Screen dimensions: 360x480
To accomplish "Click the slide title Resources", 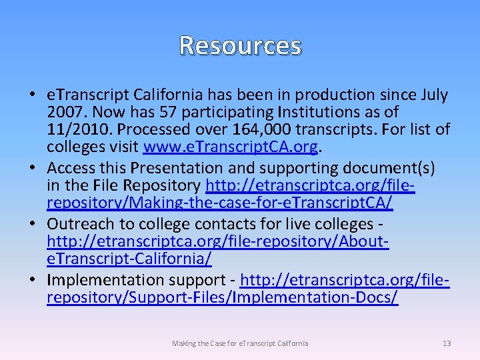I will tap(240, 45).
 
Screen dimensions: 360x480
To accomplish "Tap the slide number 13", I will tap(447, 343).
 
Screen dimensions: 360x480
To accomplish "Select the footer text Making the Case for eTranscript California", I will tap(240, 343).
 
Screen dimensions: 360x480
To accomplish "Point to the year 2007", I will tap(65, 111).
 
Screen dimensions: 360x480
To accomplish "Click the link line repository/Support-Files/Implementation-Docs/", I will tap(222, 297).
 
